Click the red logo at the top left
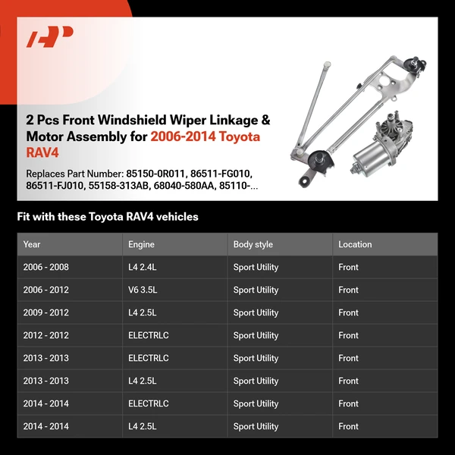click(49, 36)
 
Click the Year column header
click(32, 244)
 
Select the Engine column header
click(141, 244)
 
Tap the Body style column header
click(253, 244)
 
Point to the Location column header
click(355, 244)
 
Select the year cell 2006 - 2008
click(45, 267)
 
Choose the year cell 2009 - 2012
click(45, 312)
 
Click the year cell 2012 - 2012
click(45, 335)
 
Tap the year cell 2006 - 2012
click(45, 290)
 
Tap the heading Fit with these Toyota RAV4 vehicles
click(108, 217)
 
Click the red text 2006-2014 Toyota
click(205, 136)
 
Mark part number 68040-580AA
click(185, 186)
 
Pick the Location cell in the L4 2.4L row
click(349, 267)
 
